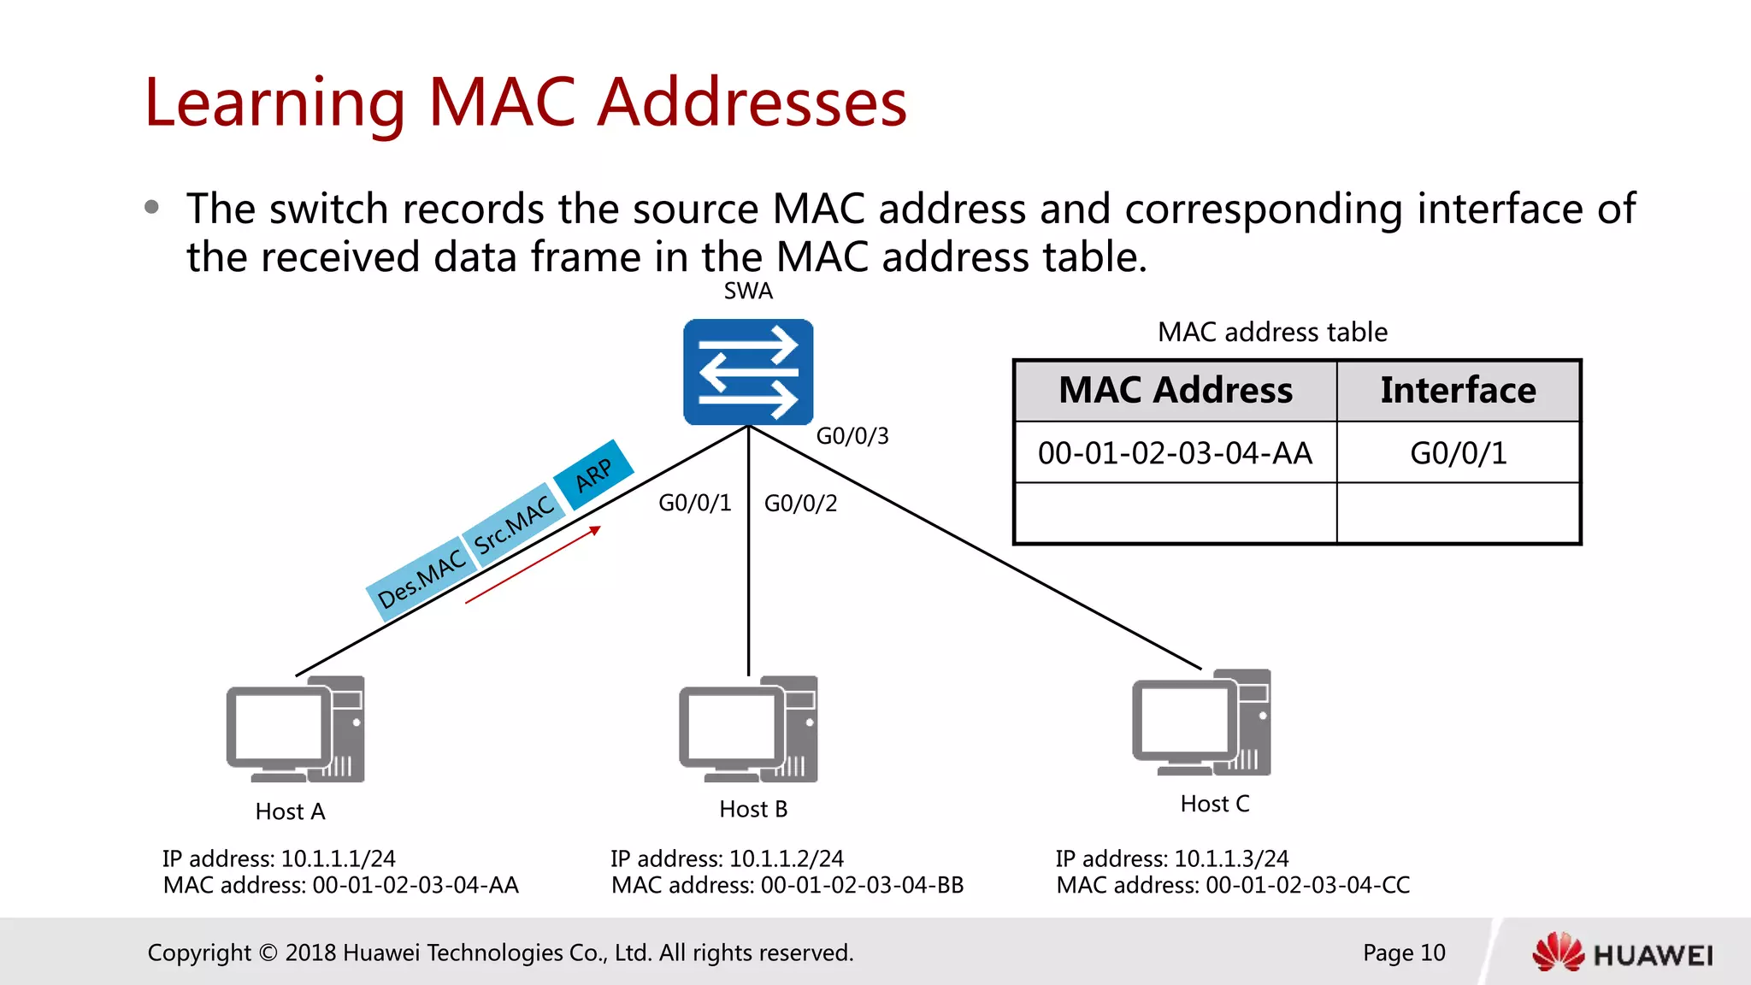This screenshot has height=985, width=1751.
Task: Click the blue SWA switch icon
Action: point(748,372)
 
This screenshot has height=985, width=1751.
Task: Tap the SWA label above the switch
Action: point(748,292)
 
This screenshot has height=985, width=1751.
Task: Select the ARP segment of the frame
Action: point(593,475)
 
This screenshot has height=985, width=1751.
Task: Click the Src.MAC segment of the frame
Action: point(514,527)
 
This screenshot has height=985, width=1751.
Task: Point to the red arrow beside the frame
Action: point(533,566)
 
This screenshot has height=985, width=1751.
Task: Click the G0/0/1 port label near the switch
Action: point(694,503)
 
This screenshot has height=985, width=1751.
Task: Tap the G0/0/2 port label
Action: point(800,504)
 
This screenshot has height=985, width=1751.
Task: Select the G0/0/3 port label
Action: point(852,436)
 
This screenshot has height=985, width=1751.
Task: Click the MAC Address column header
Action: point(1176,391)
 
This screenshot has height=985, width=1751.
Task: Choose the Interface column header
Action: point(1458,391)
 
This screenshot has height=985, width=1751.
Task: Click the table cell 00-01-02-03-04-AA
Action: point(1175,453)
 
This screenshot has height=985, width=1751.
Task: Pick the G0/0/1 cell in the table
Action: point(1458,453)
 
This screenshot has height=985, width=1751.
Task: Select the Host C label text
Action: point(1214,804)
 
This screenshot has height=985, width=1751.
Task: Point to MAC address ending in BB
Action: point(787,885)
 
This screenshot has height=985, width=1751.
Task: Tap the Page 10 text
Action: point(1403,953)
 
